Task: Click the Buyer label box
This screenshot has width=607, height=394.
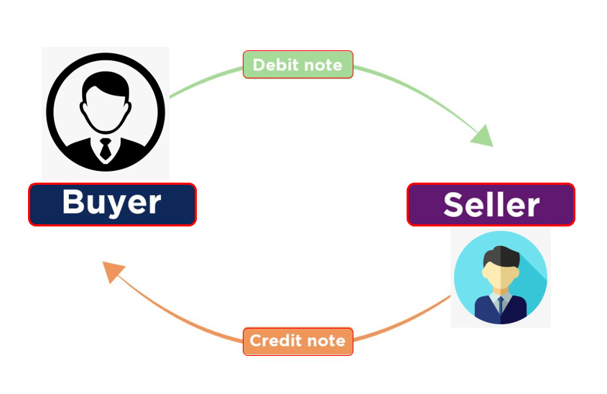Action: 112,204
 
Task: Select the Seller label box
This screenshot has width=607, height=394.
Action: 491,205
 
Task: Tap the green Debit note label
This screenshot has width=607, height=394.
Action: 297,65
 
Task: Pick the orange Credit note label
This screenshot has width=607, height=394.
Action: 297,341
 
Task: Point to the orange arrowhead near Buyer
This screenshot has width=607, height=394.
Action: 113,271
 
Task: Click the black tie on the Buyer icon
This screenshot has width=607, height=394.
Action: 106,149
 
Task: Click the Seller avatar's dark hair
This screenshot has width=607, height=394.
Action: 501,256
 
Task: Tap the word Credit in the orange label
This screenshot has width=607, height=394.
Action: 272,341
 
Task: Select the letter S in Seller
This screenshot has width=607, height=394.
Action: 455,205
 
